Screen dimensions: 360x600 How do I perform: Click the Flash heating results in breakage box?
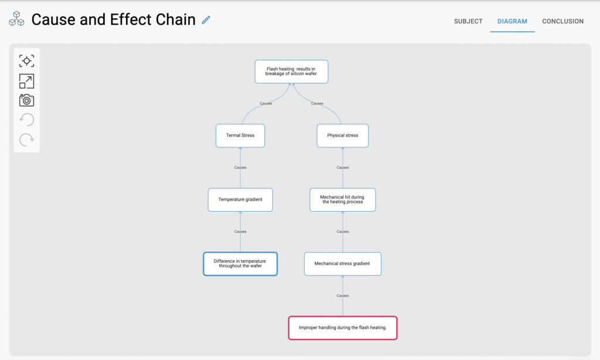click(291, 72)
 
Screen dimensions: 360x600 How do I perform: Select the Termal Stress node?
click(240, 135)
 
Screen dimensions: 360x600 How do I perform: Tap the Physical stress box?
click(343, 135)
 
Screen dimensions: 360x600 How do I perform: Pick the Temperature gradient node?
click(240, 199)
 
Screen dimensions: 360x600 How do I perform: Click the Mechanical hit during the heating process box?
click(343, 199)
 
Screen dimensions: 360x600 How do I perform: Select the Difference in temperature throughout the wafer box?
click(240, 264)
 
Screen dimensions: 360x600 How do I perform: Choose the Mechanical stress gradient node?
click(343, 264)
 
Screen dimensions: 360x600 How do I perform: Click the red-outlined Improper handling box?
click(343, 328)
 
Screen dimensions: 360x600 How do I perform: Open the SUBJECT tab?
click(468, 21)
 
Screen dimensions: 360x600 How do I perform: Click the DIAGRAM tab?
click(512, 21)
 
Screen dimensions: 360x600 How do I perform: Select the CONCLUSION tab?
click(562, 21)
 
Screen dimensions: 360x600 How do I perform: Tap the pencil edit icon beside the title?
click(206, 20)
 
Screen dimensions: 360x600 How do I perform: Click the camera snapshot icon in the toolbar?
click(26, 100)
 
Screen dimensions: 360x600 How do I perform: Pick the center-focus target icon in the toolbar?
click(26, 61)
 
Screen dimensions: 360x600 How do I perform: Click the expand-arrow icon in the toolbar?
click(26, 81)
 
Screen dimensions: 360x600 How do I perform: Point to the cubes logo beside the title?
click(16, 20)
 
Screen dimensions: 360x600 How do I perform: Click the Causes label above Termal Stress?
click(266, 103)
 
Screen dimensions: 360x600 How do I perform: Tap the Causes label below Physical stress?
click(343, 168)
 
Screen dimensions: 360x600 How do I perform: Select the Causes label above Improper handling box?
click(343, 296)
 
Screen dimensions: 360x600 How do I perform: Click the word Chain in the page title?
click(175, 20)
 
